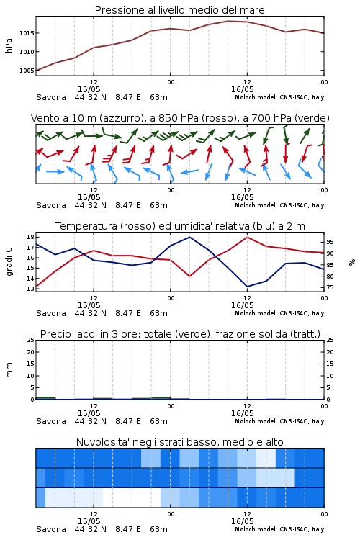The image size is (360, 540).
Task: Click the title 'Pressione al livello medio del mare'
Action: tap(179, 10)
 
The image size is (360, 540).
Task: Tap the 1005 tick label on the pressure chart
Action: tap(27, 71)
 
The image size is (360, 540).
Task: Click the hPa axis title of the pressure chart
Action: tap(9, 46)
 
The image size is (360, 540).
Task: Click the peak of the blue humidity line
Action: tap(189, 237)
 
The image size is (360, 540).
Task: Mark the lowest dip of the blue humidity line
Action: tap(247, 287)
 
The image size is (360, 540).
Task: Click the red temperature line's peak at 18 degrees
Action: tap(247, 237)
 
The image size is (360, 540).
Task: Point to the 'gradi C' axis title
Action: tap(9, 262)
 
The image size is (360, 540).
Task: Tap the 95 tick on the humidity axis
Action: tap(330, 242)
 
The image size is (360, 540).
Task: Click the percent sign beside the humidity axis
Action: tap(351, 262)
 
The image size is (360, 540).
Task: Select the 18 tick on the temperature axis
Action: tap(30, 237)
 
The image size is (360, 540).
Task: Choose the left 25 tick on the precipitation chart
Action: tap(30, 340)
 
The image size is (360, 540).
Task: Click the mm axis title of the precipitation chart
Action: tap(9, 370)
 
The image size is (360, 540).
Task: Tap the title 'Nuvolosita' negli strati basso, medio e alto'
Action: tap(179, 442)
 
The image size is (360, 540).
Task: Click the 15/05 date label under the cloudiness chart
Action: tap(89, 521)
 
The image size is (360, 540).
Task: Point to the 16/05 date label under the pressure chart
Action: tap(242, 89)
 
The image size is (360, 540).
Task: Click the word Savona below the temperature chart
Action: tap(51, 313)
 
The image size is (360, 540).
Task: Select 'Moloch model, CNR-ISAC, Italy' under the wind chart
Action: tap(279, 205)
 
